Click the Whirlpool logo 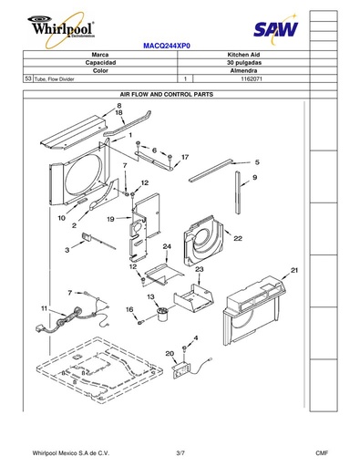[x=62, y=29]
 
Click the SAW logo [x=276, y=29]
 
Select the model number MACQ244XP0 [x=167, y=46]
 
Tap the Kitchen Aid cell [x=243, y=55]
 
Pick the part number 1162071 [x=252, y=79]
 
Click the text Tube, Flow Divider [x=54, y=79]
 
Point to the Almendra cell [x=243, y=70]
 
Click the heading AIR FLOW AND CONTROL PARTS [x=167, y=95]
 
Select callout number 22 [x=238, y=238]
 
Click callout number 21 [x=294, y=270]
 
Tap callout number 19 [x=110, y=219]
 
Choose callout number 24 [x=167, y=246]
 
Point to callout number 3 [x=67, y=250]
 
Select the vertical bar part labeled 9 [x=238, y=192]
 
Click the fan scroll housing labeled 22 [x=203, y=240]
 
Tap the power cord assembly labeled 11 [x=73, y=317]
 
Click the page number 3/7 [x=180, y=453]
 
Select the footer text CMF [x=322, y=453]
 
